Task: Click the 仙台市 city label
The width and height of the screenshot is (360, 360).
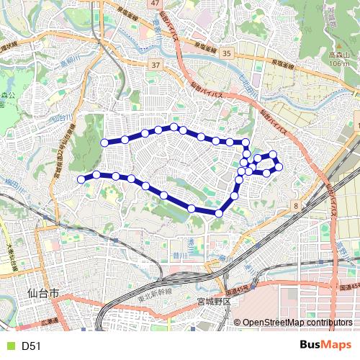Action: (42, 294)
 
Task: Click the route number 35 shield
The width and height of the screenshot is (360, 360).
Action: (227, 53)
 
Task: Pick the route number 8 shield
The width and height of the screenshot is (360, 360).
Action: (296, 206)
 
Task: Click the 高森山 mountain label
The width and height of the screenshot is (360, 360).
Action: (339, 54)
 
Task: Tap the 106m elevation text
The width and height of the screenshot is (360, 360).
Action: (339, 63)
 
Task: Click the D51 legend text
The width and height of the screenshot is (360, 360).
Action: (31, 346)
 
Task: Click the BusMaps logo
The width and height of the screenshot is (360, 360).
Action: (325, 345)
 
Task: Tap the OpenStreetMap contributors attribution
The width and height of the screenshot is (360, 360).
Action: (297, 323)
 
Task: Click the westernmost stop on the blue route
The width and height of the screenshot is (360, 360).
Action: (81, 179)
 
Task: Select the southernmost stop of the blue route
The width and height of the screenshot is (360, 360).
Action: (219, 212)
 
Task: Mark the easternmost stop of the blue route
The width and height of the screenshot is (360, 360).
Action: (279, 168)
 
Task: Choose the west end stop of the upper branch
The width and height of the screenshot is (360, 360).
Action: (104, 143)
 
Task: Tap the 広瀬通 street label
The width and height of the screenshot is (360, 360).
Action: (49, 322)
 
